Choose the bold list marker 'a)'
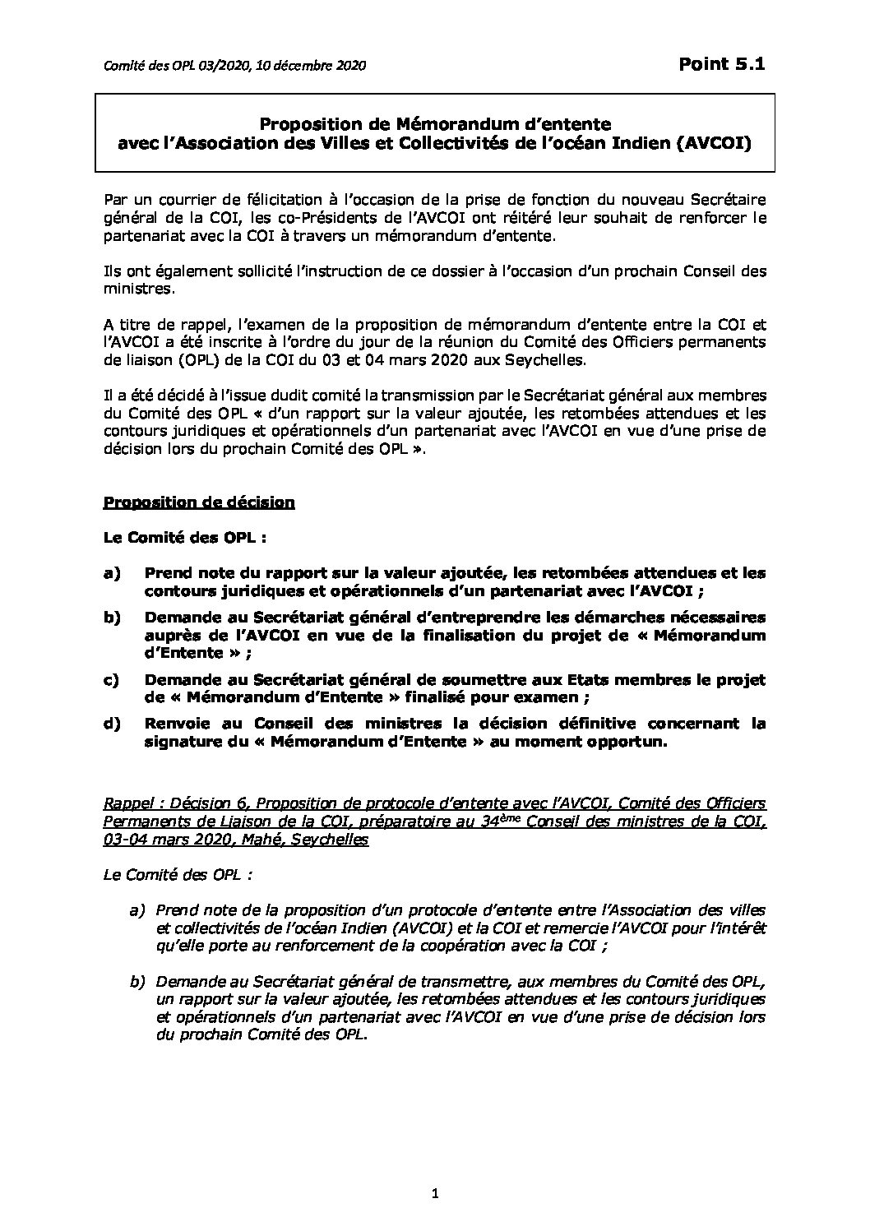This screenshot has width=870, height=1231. tap(112, 573)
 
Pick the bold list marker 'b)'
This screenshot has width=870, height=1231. tap(112, 618)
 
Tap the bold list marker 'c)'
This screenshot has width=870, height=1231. tap(112, 679)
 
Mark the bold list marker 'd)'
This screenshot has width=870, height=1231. tap(112, 724)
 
